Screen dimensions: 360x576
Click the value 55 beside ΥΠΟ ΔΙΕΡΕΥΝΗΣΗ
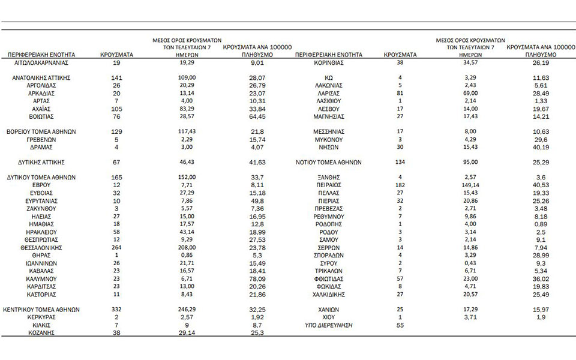coord(401,325)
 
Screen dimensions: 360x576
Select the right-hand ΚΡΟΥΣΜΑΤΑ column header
coord(401,54)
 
